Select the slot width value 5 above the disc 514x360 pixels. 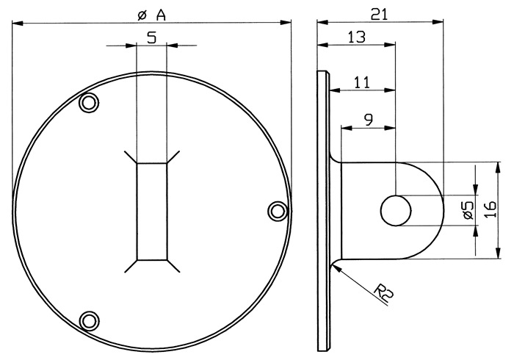(x=151, y=38)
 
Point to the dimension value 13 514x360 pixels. (x=355, y=36)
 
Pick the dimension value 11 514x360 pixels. (x=361, y=83)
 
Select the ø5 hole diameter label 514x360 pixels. (x=466, y=211)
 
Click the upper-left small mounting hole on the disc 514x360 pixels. (x=89, y=103)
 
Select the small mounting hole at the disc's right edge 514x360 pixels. (x=277, y=212)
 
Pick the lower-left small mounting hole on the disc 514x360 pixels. (x=89, y=320)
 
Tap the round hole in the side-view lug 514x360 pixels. (x=396, y=210)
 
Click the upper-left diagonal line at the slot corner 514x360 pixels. (x=131, y=156)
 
